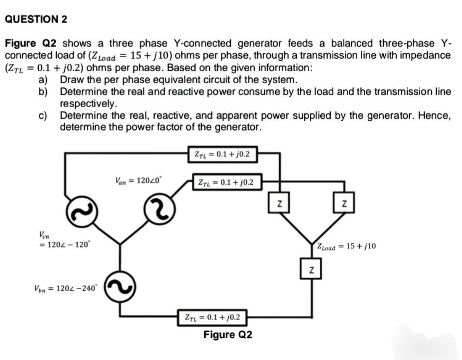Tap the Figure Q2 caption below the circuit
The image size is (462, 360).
[227, 335]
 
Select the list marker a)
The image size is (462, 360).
[43, 80]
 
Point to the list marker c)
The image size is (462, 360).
[43, 116]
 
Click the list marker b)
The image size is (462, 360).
[43, 92]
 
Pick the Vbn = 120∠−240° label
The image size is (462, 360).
[66, 287]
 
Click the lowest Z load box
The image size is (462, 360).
[310, 271]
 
